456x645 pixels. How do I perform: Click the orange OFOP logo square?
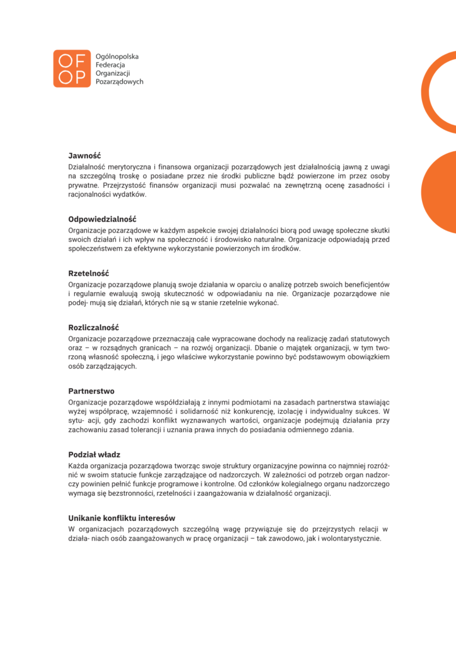click(72, 69)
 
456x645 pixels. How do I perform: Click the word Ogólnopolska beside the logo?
click(117, 56)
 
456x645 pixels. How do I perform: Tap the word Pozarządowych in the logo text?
click(119, 82)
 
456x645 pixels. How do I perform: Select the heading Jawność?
click(84, 155)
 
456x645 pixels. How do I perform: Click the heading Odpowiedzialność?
click(102, 219)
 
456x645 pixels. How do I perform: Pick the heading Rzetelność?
click(89, 273)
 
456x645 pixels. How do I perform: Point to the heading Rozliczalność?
click(93, 328)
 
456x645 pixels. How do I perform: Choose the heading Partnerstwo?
click(91, 391)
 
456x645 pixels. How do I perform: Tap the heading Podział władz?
click(94, 454)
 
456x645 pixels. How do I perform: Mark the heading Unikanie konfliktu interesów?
click(122, 518)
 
